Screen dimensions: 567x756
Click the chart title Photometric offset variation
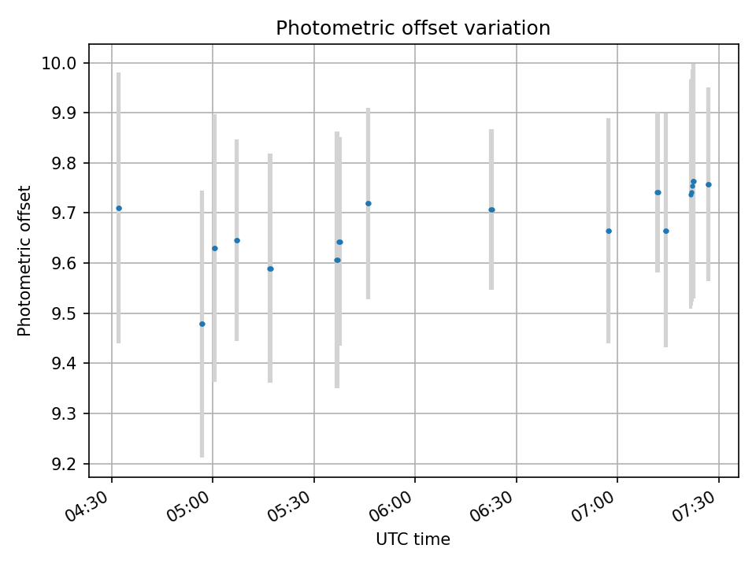click(413, 28)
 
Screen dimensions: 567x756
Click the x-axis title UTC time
click(413, 539)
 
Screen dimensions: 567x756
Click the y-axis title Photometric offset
click(24, 261)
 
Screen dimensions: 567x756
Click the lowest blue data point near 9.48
click(202, 324)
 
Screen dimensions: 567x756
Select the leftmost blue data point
click(119, 208)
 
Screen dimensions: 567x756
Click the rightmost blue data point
click(708, 184)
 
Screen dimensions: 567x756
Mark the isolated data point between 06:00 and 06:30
click(491, 209)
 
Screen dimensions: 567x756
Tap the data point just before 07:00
click(609, 231)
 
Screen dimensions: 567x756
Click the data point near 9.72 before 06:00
click(368, 203)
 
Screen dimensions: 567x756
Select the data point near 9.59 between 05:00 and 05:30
click(270, 269)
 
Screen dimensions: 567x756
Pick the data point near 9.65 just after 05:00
click(237, 240)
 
